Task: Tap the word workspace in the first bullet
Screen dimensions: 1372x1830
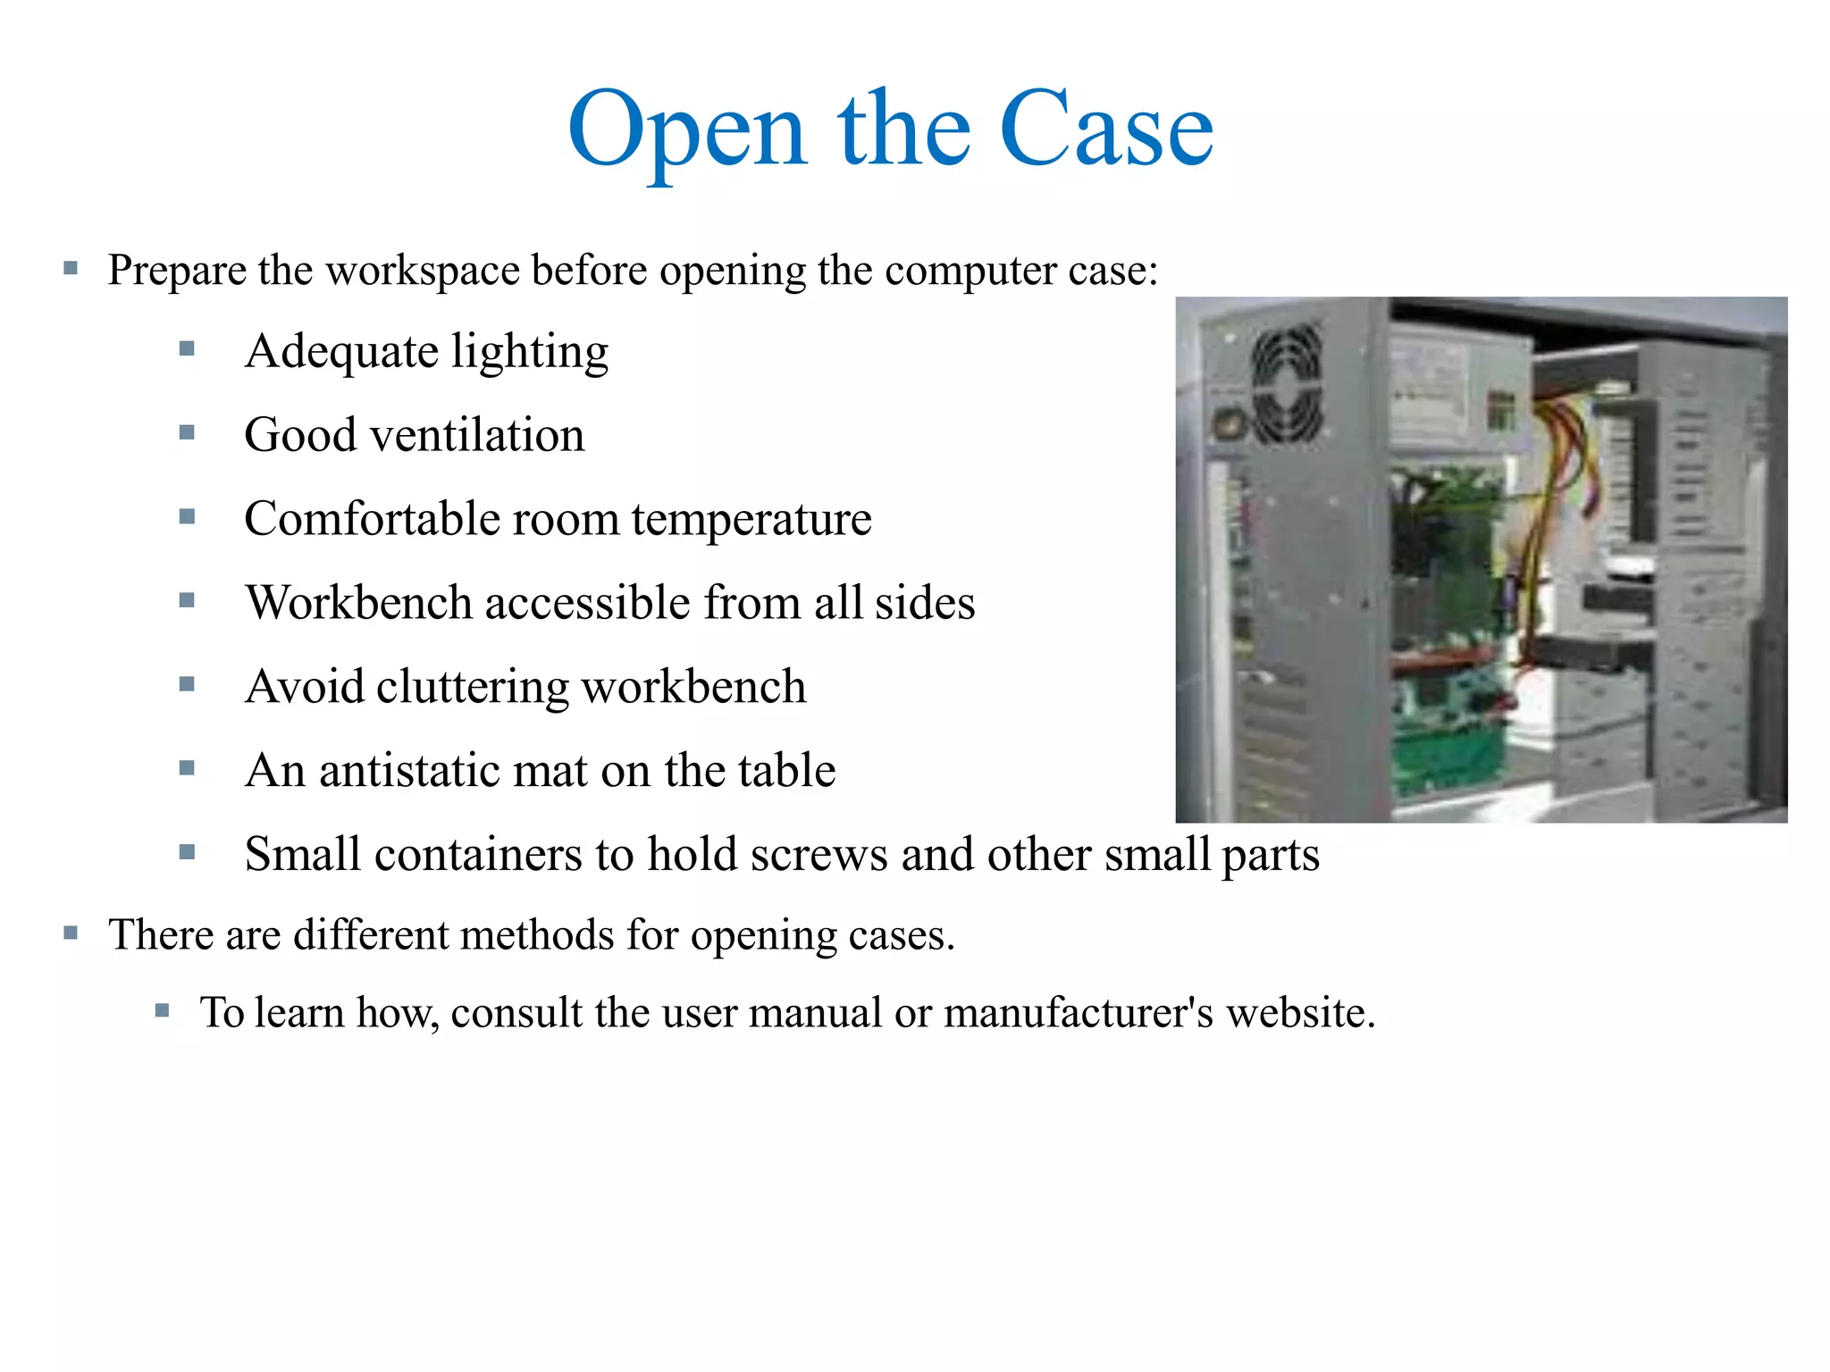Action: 423,271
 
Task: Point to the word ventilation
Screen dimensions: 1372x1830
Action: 477,436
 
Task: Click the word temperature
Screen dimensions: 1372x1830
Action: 751,520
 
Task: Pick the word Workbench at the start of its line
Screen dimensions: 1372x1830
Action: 358,603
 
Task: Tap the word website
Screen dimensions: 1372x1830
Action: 1299,1014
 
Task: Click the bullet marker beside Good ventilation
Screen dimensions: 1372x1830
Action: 187,433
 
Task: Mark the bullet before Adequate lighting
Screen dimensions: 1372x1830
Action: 187,349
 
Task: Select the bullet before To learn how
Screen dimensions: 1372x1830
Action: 162,1011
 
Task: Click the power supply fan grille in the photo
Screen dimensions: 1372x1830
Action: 1287,384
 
